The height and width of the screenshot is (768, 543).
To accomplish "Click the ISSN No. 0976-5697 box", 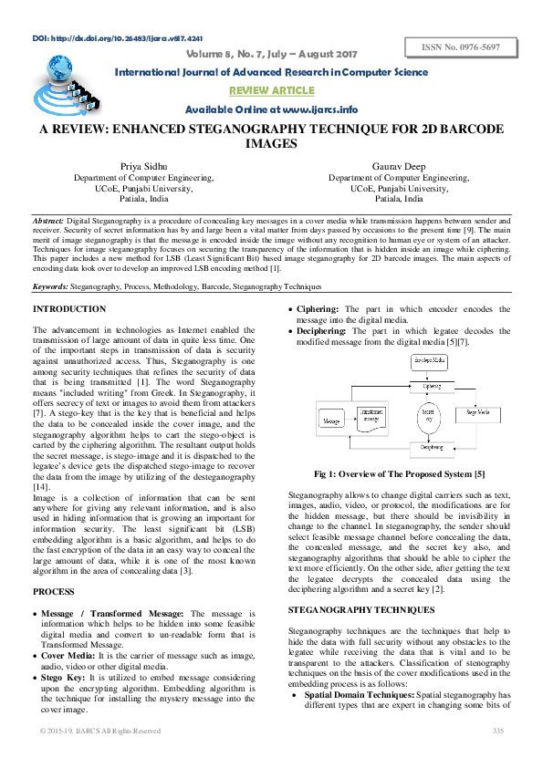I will point(465,47).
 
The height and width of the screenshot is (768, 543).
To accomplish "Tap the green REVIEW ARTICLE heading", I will point(271,89).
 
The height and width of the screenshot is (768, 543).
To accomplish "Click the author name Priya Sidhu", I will point(146,165).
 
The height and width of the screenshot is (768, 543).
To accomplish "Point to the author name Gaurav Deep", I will point(400,165).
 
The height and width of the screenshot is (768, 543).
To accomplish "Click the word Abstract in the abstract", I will point(47,222).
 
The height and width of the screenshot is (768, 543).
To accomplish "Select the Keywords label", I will point(53,286).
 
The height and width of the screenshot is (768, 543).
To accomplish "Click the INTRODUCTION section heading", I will point(68,309).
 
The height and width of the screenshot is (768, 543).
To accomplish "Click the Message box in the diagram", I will point(333,422).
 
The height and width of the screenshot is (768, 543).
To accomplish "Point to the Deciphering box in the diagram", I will point(431,449).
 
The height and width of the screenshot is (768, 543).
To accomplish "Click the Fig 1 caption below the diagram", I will point(399,475).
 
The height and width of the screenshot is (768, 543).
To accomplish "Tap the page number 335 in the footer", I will point(498,732).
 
